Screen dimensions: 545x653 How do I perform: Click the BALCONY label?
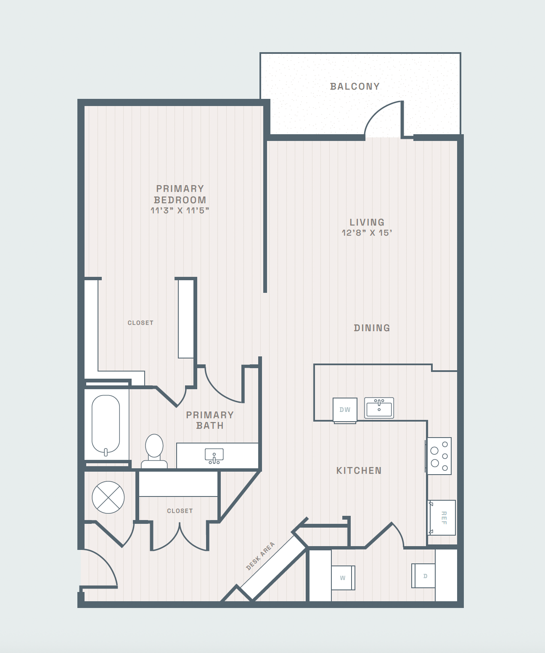(x=355, y=86)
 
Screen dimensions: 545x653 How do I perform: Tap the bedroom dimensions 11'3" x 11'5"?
(x=180, y=210)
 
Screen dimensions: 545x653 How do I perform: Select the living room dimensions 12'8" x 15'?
(x=367, y=233)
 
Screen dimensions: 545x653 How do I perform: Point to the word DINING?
(x=372, y=328)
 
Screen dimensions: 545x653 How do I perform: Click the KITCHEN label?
(x=359, y=470)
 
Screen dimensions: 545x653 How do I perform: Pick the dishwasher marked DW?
(x=345, y=410)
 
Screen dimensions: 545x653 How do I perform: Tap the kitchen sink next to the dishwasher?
(x=379, y=408)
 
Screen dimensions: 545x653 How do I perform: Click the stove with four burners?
(x=438, y=456)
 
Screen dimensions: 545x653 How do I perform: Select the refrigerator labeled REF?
(x=442, y=518)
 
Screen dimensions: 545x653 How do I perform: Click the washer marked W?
(x=343, y=578)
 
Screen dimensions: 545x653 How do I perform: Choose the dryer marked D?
(x=423, y=576)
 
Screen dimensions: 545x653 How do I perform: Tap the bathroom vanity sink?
(x=214, y=456)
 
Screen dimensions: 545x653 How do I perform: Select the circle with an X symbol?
(x=108, y=497)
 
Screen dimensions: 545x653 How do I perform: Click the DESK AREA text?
(x=260, y=556)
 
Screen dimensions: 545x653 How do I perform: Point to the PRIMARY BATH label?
(x=210, y=420)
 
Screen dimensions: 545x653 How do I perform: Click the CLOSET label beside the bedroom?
(x=140, y=323)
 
